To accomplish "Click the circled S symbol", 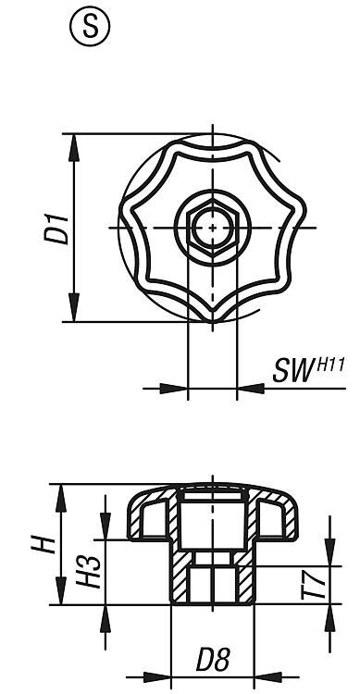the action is click(90, 27).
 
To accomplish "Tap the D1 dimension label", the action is click(56, 229).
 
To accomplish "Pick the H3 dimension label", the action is click(88, 572).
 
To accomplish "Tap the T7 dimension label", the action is click(313, 585).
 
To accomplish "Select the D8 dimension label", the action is click(213, 661).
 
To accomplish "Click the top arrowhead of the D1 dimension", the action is click(74, 148).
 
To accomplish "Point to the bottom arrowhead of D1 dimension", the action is click(74, 307).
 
